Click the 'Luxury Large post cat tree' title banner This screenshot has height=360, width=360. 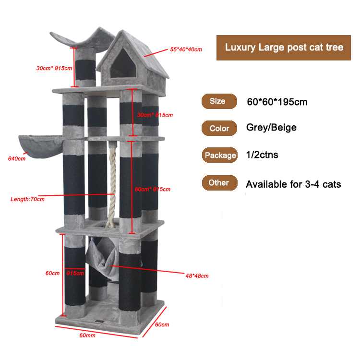pos(284,48)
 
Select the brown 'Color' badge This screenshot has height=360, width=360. pos(219,129)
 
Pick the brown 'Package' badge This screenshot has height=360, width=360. pos(220,155)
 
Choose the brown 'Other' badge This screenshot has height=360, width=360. pos(219,182)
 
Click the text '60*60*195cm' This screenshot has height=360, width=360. pos(277,102)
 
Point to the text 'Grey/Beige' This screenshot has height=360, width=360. pos(271,127)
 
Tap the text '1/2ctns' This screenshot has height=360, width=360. pos(262,155)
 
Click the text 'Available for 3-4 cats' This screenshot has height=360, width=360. pos(293,184)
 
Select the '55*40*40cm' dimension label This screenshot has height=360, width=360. pos(186,49)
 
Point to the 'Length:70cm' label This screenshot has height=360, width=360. pos(27,199)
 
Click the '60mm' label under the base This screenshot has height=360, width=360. pos(87,335)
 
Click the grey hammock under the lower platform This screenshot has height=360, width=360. pos(102,254)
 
